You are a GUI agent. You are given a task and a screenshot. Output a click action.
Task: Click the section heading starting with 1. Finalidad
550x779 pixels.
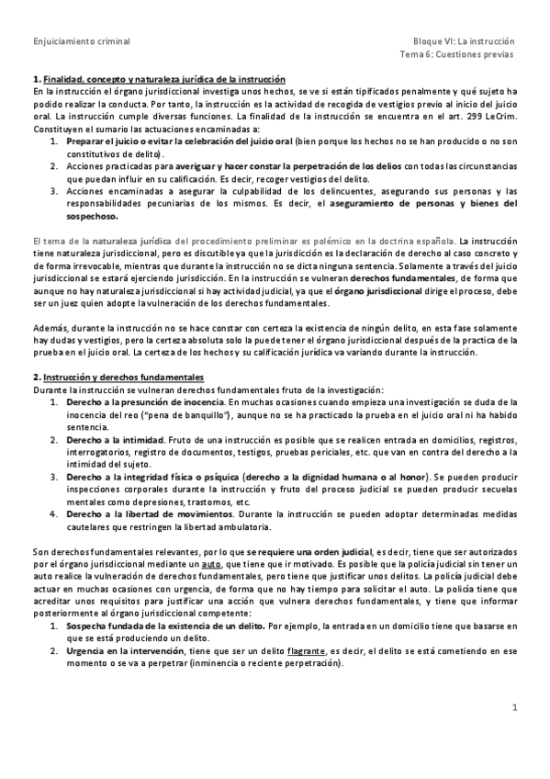tap(158, 81)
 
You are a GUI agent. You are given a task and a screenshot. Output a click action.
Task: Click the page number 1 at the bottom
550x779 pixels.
tap(515, 708)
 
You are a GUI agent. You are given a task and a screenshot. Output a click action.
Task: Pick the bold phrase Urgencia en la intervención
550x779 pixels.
tap(120, 650)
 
